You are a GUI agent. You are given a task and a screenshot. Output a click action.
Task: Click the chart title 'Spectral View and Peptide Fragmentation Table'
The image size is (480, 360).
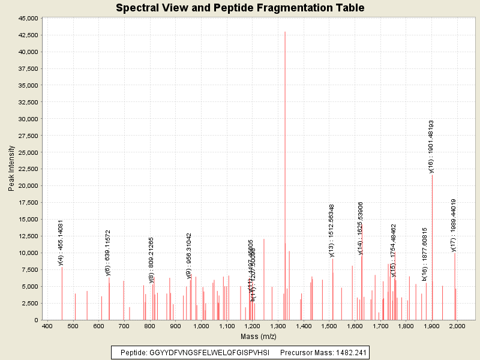(x=240, y=8)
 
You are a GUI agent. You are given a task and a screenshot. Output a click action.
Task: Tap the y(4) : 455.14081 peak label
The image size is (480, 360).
(x=61, y=242)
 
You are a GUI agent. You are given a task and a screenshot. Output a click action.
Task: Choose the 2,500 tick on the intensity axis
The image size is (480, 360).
(x=29, y=304)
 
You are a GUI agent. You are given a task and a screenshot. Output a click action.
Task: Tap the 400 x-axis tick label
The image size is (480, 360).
(x=47, y=326)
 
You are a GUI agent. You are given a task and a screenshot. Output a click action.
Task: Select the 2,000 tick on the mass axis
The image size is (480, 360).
(x=457, y=326)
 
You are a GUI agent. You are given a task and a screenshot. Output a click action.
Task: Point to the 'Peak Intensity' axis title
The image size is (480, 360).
(x=11, y=169)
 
